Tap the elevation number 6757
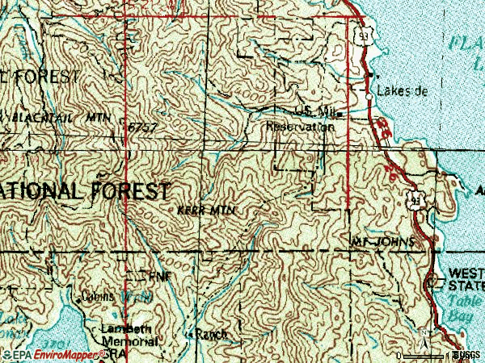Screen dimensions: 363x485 141,127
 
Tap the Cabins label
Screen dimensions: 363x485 98,296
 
